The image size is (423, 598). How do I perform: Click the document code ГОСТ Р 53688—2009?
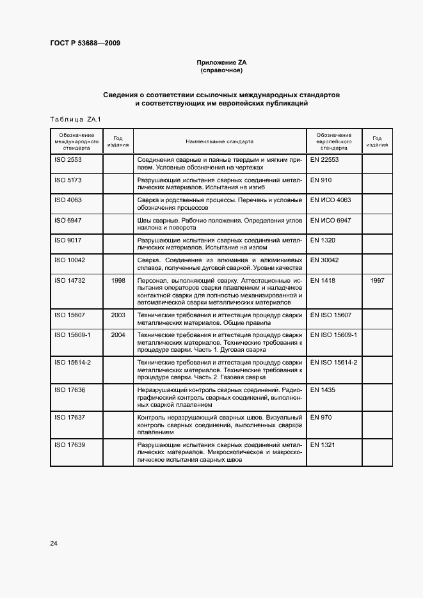tap(84, 43)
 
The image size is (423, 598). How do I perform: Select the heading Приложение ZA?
tap(221, 62)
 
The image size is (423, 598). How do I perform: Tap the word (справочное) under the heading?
tap(221, 70)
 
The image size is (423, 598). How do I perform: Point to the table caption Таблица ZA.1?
tap(76, 120)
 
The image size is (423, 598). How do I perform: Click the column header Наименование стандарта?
tap(219, 141)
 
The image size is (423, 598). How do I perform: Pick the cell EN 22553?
tap(324, 159)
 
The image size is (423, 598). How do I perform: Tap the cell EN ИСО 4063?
tap(331, 200)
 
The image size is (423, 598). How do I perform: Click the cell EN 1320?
tap(323, 240)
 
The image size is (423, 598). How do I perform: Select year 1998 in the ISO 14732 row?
tap(118, 280)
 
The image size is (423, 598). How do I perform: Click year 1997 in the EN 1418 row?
tap(378, 280)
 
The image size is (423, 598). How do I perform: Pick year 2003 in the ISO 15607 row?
tap(118, 315)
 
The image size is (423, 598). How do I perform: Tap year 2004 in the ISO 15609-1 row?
tap(118, 335)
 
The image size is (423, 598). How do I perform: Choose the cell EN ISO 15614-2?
tap(333, 363)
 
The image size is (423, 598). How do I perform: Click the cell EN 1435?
tap(323, 390)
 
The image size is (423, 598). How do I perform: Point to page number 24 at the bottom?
tap(54, 543)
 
